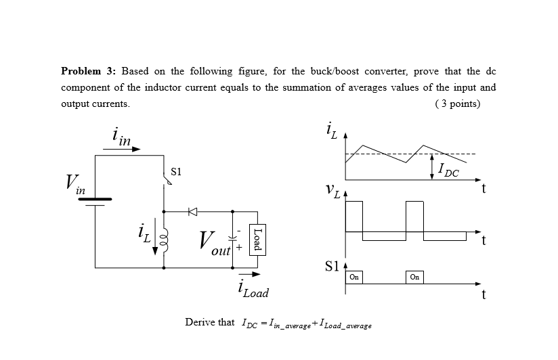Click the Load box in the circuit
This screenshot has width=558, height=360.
click(x=257, y=239)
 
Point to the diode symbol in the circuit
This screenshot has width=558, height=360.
click(x=192, y=212)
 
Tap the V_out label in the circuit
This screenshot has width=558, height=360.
click(x=212, y=242)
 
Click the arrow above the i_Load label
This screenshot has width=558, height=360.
click(x=249, y=274)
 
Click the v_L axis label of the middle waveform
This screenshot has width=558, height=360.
click(x=331, y=193)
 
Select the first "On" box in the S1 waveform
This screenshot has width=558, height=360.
click(x=354, y=277)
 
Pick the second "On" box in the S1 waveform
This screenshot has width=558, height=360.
click(x=414, y=277)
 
